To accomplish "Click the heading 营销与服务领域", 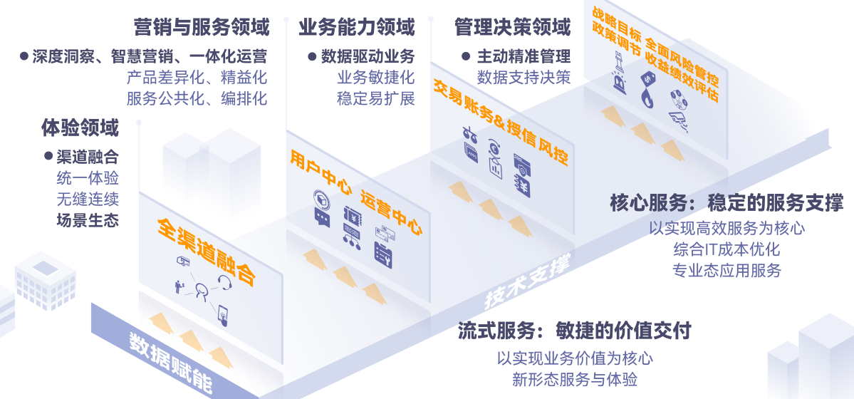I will [x=202, y=28].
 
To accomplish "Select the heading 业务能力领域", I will [x=356, y=28].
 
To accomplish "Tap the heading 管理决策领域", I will [x=512, y=28].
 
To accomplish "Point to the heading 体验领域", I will [x=80, y=129].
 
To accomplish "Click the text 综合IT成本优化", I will [x=726, y=249].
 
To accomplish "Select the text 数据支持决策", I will [x=524, y=77].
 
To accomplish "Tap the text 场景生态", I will [x=87, y=220].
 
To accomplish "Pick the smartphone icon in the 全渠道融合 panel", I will [x=223, y=313].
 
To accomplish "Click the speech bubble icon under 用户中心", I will [x=323, y=218].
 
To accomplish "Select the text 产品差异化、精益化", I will [x=197, y=77].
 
